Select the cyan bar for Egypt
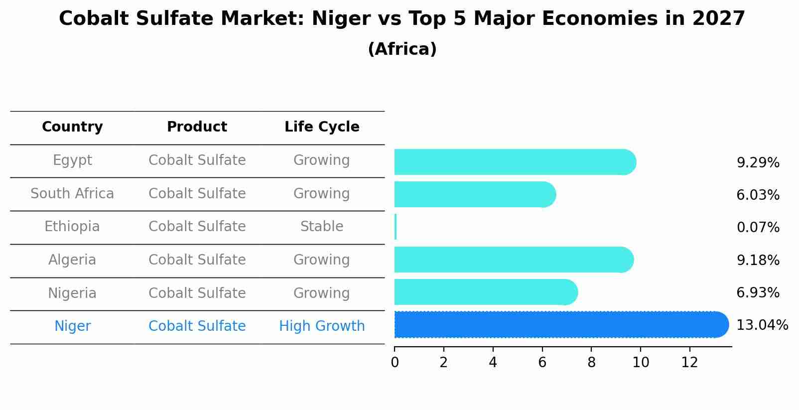click(513, 162)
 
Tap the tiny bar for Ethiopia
click(396, 227)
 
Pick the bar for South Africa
click(473, 194)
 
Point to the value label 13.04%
click(762, 325)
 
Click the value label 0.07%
click(758, 228)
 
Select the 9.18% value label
click(758, 260)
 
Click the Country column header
click(72, 127)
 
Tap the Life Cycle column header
click(322, 127)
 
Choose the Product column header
click(197, 127)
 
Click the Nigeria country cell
click(72, 293)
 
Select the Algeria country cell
click(72, 260)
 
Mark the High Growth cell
click(322, 326)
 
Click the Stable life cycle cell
click(322, 227)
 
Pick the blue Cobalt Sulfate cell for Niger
click(197, 326)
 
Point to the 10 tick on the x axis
click(641, 363)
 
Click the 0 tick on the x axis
click(395, 363)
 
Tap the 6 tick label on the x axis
click(542, 363)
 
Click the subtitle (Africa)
click(402, 49)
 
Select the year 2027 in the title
click(718, 19)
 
